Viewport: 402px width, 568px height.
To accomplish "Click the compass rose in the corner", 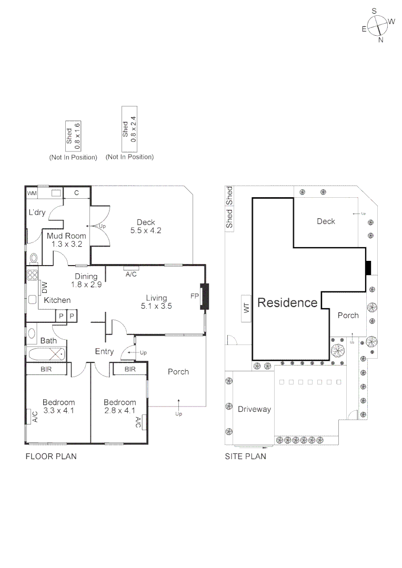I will coord(378,25).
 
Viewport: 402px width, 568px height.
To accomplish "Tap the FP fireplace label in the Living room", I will coord(194,296).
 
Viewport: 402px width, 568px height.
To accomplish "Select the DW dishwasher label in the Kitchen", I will coord(45,288).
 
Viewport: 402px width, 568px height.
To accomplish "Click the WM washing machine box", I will coord(32,193).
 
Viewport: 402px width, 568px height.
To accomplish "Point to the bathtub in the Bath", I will coord(46,353).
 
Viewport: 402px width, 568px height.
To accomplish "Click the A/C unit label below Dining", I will coord(131,275).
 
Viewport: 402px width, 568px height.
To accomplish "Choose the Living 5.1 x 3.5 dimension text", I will coord(156,302).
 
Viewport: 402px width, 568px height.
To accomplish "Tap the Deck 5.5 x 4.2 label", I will coord(146,226).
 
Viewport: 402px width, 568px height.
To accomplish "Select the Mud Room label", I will coord(66,240).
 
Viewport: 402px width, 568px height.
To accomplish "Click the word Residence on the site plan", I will coord(287,303).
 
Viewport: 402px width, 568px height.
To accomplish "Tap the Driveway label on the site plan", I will coord(254,409).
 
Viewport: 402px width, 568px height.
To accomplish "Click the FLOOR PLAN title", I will coord(51,457).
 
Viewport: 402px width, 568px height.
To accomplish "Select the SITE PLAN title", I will coord(245,457).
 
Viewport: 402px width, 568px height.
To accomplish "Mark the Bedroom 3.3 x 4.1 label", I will coord(58,407).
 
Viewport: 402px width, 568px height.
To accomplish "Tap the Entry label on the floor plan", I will coord(104,351).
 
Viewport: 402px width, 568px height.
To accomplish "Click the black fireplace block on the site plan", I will coord(368,268).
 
